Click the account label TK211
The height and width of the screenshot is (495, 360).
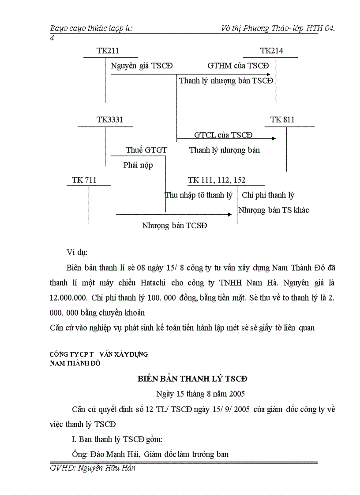108,51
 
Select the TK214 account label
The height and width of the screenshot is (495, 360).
271,51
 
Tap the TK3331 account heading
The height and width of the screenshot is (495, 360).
110,120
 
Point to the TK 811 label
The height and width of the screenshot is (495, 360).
282,120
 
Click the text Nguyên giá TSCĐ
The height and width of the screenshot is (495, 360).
142,66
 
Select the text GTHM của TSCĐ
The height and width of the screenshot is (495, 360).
238,66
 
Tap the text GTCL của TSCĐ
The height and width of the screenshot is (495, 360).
224,134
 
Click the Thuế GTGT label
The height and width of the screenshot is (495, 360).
146,150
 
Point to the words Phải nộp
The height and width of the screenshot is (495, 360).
138,165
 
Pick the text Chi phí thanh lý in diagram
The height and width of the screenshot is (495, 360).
268,195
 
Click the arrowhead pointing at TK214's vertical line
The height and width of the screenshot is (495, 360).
273,74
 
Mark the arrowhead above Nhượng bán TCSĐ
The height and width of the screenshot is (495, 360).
229,214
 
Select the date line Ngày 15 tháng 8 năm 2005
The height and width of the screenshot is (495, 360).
201,394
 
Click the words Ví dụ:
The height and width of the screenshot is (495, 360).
77,252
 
